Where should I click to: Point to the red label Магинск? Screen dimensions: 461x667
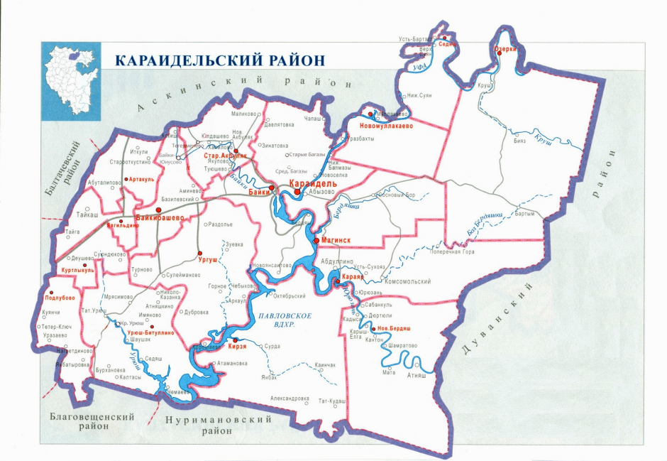337,241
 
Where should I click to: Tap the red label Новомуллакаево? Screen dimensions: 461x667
382,126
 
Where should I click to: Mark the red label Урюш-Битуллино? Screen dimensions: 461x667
150,332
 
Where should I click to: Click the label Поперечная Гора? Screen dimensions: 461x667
451,251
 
